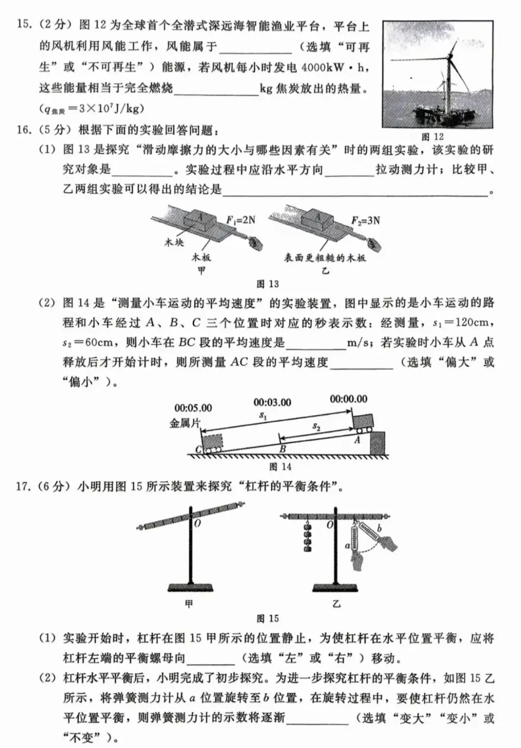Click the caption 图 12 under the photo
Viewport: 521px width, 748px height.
pos(432,137)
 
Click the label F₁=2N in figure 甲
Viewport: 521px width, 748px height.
pos(241,220)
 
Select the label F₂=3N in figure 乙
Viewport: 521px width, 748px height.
pos(365,220)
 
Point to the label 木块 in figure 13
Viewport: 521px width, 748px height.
pos(174,242)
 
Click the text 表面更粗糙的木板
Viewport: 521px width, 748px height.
pos(325,258)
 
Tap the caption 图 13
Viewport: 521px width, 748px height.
pos(268,284)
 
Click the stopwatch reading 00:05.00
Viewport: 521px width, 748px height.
pos(193,408)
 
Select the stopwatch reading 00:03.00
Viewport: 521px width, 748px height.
pos(272,402)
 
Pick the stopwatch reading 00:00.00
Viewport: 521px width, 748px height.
pos(348,399)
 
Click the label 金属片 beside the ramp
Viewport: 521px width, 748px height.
pos(184,423)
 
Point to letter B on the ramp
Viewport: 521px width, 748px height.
pos(283,449)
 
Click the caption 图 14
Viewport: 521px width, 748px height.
pos(280,466)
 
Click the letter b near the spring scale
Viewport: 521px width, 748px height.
pos(379,529)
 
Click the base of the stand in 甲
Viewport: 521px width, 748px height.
pos(190,587)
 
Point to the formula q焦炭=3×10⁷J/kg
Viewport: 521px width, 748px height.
pos(92,109)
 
